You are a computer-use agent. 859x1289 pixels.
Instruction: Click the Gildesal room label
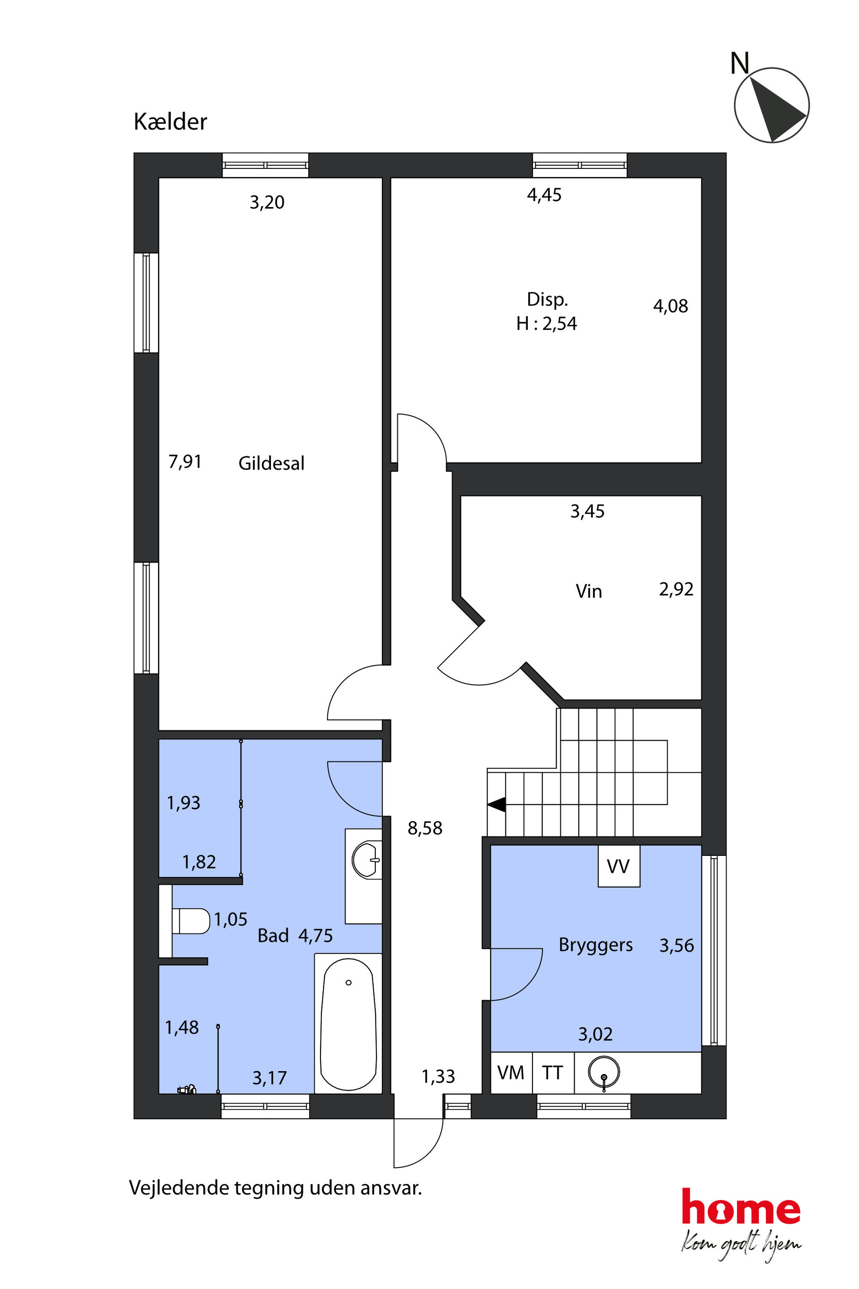click(x=271, y=463)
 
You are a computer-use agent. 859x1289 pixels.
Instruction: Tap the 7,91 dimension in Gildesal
click(x=185, y=462)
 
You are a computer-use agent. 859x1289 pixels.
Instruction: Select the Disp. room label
click(x=547, y=300)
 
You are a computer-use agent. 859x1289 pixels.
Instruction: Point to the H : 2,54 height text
click(x=547, y=324)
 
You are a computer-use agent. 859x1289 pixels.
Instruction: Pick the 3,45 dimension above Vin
click(x=587, y=512)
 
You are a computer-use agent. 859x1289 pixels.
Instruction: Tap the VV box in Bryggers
click(x=619, y=866)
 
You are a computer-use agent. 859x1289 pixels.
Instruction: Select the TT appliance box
click(x=553, y=1073)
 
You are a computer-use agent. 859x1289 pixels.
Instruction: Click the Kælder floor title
click(x=171, y=122)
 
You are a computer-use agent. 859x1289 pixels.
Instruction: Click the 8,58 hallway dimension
click(x=425, y=828)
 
